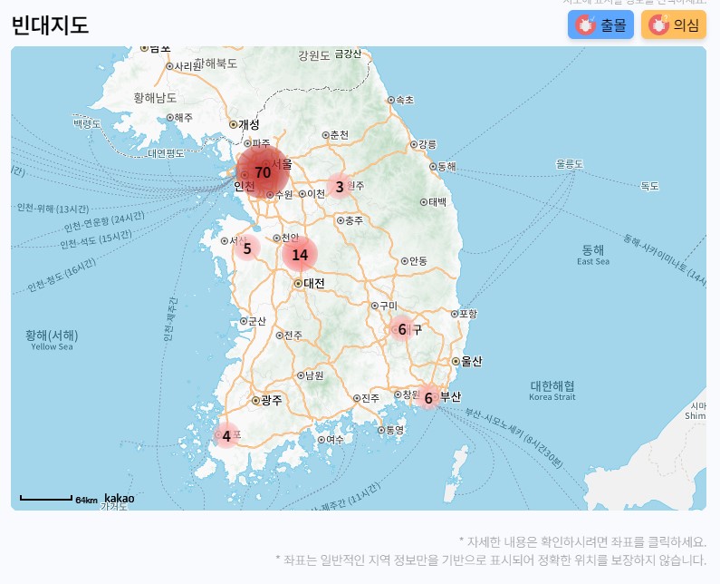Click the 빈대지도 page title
click(x=50, y=25)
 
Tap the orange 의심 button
click(x=674, y=25)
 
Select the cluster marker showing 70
click(x=263, y=171)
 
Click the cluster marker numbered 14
click(x=300, y=255)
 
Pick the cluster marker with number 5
click(x=246, y=248)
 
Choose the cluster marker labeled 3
click(x=340, y=188)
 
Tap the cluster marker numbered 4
click(x=226, y=436)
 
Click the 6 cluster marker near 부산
click(x=428, y=397)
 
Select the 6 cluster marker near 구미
click(x=402, y=329)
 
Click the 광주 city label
click(x=271, y=400)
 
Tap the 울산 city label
click(x=471, y=361)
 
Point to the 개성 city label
click(x=248, y=124)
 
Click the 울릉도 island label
click(x=570, y=164)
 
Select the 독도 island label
click(x=650, y=186)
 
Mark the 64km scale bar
click(x=46, y=498)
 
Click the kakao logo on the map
click(x=119, y=498)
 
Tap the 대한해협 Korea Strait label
click(x=552, y=390)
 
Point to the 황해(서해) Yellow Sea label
click(x=52, y=338)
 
